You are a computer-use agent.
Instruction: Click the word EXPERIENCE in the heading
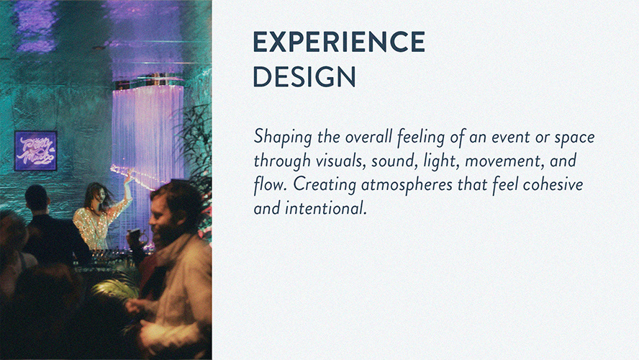tap(339, 42)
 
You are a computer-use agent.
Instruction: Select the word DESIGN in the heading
tap(304, 76)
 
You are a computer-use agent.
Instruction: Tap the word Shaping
tap(283, 138)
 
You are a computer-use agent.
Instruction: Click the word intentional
tap(325, 208)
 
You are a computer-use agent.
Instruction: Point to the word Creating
tap(325, 185)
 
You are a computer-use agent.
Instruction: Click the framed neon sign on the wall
tap(35, 150)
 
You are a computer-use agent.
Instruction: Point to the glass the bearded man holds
tap(134, 238)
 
